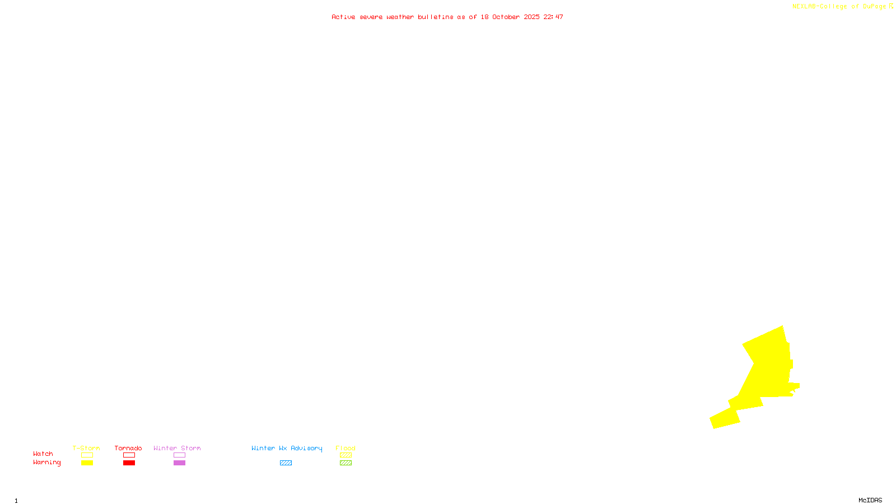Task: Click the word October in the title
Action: pyautogui.click(x=506, y=17)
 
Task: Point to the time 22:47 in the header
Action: pyautogui.click(x=553, y=17)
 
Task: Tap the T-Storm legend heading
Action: pyautogui.click(x=86, y=448)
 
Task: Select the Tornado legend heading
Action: pyautogui.click(x=128, y=448)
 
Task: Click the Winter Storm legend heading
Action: pyautogui.click(x=177, y=448)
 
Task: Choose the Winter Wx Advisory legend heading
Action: pyautogui.click(x=287, y=448)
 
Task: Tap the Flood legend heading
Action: pyautogui.click(x=346, y=448)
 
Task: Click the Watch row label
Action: pyautogui.click(x=43, y=454)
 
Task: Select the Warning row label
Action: pyautogui.click(x=47, y=463)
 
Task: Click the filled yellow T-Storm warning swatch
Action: pyautogui.click(x=87, y=463)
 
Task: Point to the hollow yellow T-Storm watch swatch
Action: pyautogui.click(x=87, y=455)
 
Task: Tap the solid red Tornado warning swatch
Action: pyautogui.click(x=129, y=463)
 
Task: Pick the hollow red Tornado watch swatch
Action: pyautogui.click(x=129, y=455)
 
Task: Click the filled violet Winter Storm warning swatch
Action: pyautogui.click(x=179, y=463)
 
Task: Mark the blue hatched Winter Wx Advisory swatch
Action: pyautogui.click(x=286, y=463)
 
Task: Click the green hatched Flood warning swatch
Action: pyautogui.click(x=346, y=463)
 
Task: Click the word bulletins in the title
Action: pyautogui.click(x=436, y=17)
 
